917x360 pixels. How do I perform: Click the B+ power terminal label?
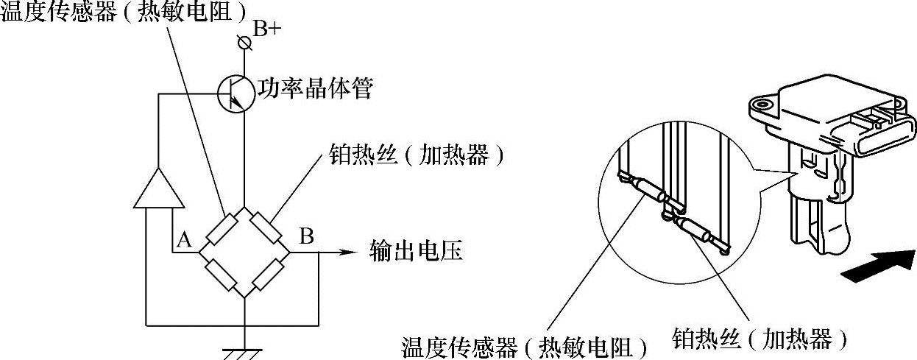coord(266,29)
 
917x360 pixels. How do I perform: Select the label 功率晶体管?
coord(314,91)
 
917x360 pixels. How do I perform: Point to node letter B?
coord(306,237)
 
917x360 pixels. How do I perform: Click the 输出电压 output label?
coord(415,253)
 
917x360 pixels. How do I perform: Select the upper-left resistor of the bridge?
coord(222,228)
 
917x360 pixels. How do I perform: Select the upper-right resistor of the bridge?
coord(266,228)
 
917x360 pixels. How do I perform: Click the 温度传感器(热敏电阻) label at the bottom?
coord(527,347)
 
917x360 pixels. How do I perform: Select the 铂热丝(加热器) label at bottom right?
coord(761,339)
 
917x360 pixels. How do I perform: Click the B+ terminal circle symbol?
coord(246,43)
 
